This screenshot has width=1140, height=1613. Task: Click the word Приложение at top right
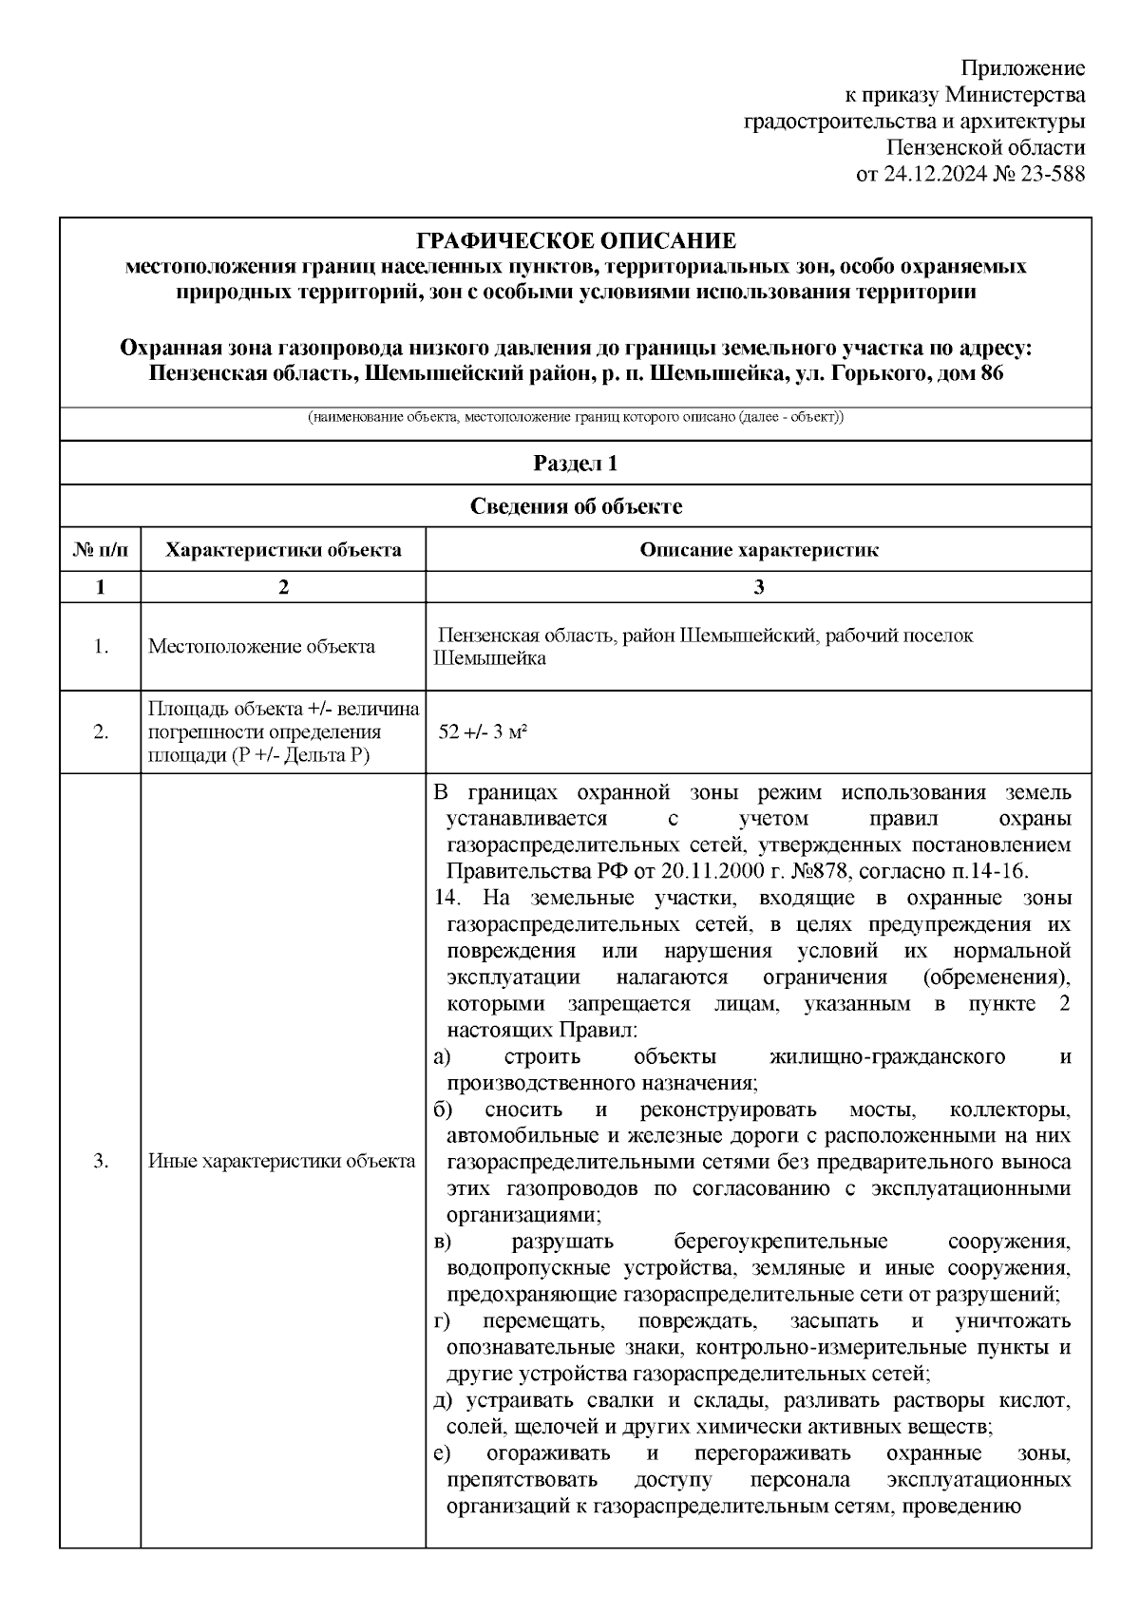[1022, 68]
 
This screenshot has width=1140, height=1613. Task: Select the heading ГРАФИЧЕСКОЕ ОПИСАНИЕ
[577, 240]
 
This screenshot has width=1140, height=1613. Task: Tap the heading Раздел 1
[576, 464]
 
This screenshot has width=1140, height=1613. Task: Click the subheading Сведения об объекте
[576, 506]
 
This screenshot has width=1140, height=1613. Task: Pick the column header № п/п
[100, 550]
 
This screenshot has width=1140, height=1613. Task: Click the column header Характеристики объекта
[283, 550]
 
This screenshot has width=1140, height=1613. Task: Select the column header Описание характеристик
[758, 550]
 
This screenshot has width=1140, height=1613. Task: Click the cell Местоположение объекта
[261, 647]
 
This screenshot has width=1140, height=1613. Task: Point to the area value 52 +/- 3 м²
[483, 731]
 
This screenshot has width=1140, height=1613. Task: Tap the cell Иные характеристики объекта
[282, 1161]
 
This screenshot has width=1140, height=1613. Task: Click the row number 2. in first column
[101, 731]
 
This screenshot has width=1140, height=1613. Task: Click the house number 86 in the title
[991, 373]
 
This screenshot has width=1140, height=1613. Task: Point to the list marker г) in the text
[441, 1321]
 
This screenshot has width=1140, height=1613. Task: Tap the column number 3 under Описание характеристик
[758, 587]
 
